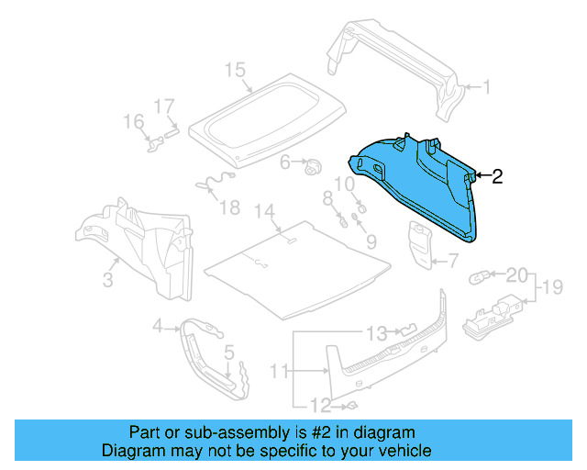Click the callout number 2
click(498, 176)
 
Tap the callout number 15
click(235, 71)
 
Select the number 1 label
click(487, 88)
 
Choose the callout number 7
click(453, 263)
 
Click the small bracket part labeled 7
click(421, 246)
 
